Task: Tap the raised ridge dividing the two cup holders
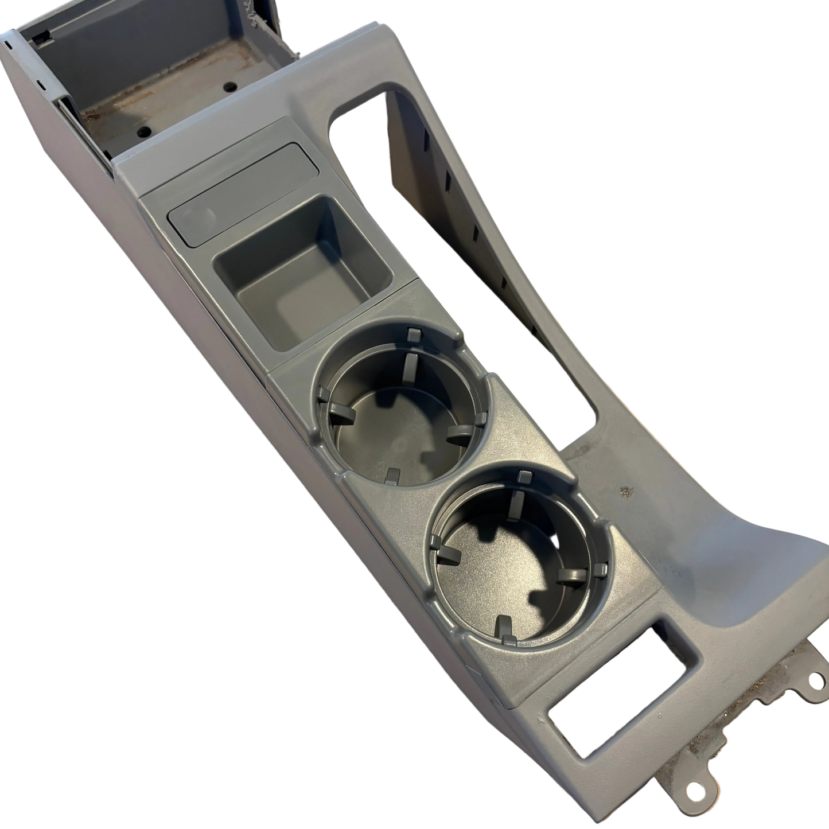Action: click(505, 453)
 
